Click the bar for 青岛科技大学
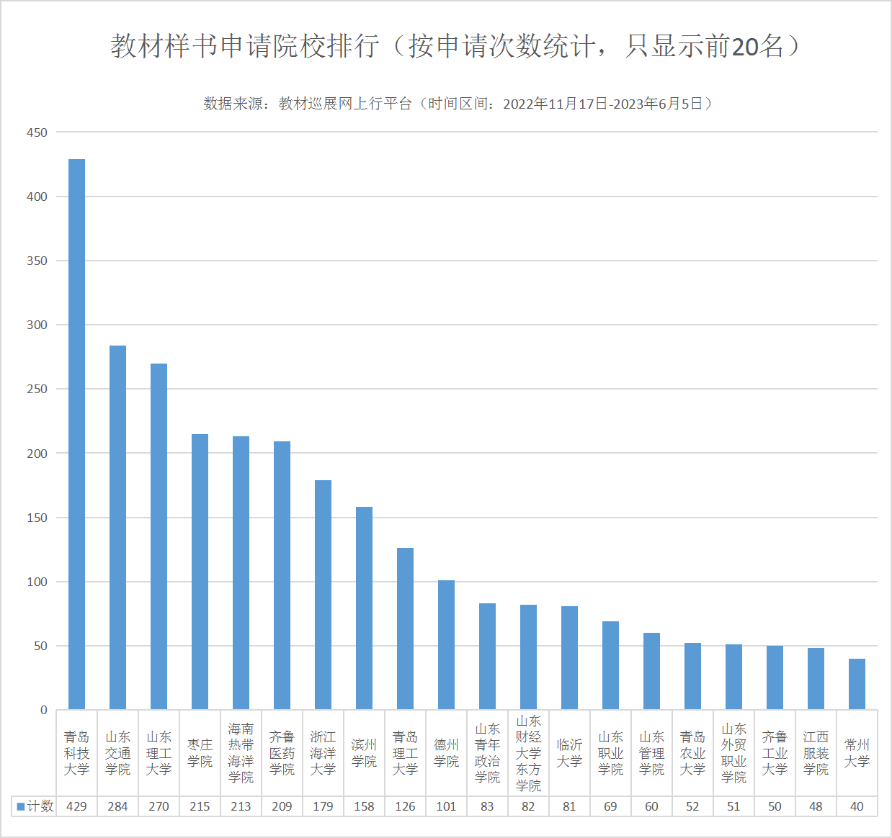(76, 434)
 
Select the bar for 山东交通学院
(117, 527)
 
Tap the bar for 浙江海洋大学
(323, 595)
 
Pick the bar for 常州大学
(857, 684)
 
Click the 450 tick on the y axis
(37, 132)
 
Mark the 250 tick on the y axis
(37, 389)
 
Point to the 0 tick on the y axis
(44, 710)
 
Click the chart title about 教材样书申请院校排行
(456, 46)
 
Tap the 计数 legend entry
(36, 806)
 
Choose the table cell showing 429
(76, 806)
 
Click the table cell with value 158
(364, 806)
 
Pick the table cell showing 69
(610, 806)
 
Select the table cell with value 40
(857, 806)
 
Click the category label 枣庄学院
(200, 753)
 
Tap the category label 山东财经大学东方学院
(528, 753)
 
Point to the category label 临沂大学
(569, 753)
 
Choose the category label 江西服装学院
(816, 753)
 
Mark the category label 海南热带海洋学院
(241, 753)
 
